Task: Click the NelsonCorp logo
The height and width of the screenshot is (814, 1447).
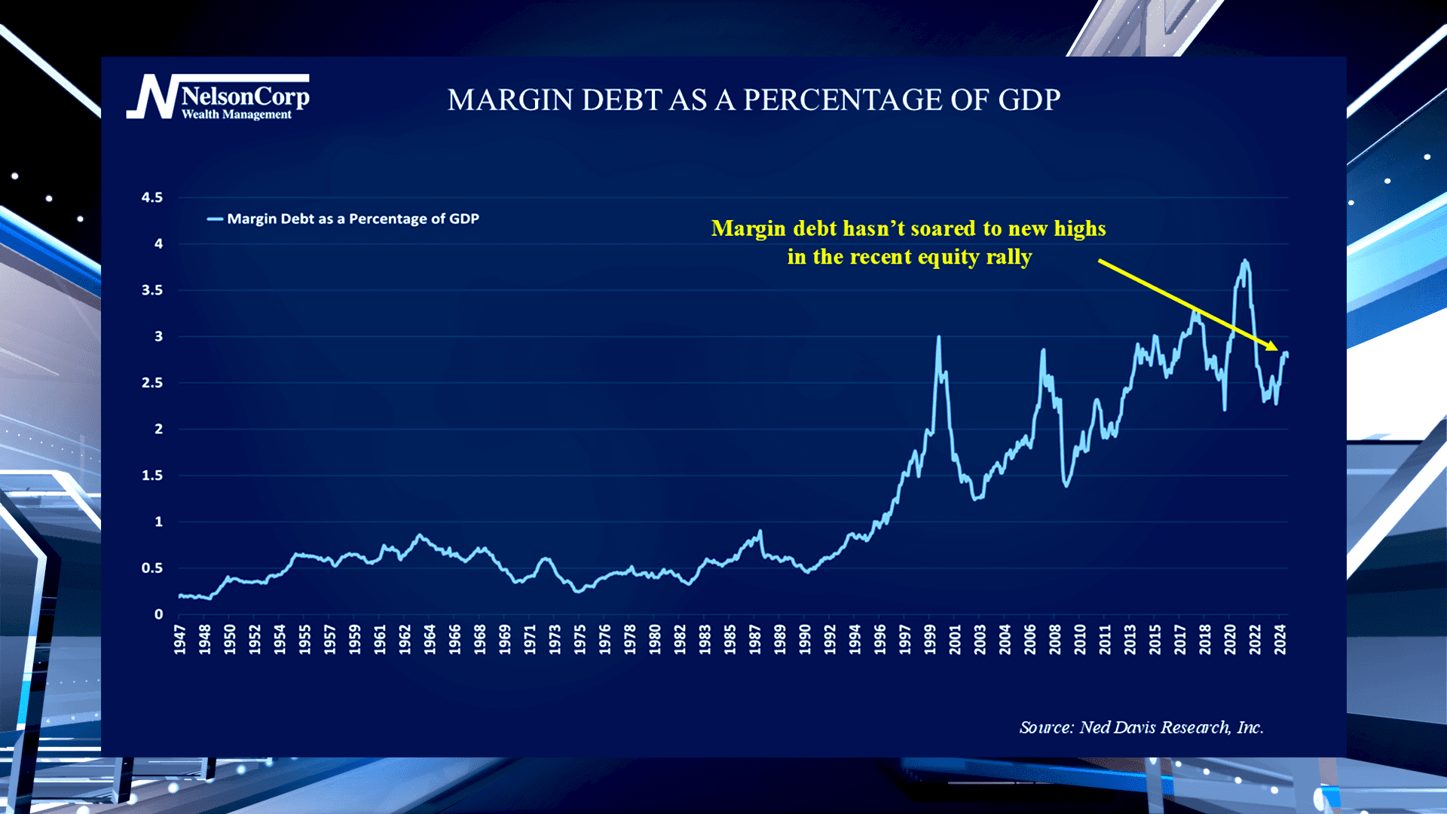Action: pyautogui.click(x=217, y=97)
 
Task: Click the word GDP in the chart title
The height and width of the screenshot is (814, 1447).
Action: pyautogui.click(x=1029, y=100)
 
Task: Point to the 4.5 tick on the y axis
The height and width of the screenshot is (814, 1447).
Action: pyautogui.click(x=152, y=197)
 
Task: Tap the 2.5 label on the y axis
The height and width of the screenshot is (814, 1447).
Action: pyautogui.click(x=152, y=383)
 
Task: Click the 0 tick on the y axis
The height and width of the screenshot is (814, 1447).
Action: pyautogui.click(x=158, y=614)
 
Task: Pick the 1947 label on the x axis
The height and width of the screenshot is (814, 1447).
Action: pyautogui.click(x=180, y=639)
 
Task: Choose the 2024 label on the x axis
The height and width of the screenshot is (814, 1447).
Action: pyautogui.click(x=1280, y=639)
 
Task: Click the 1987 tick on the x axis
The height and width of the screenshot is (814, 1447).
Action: pyautogui.click(x=755, y=639)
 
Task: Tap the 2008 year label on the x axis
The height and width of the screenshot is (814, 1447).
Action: pyautogui.click(x=1055, y=639)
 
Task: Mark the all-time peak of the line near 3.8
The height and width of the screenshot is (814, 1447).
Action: pyautogui.click(x=1244, y=262)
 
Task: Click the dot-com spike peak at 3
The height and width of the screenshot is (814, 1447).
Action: pyautogui.click(x=938, y=338)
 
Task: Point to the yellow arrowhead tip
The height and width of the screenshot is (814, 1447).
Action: pyautogui.click(x=1277, y=350)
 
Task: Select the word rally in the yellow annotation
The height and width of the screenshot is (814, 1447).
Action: pyautogui.click(x=1008, y=257)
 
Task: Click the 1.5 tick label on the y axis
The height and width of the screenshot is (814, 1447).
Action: pyautogui.click(x=152, y=476)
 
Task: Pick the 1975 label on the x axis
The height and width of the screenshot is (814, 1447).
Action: pyautogui.click(x=580, y=639)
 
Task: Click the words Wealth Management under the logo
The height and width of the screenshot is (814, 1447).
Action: pyautogui.click(x=237, y=115)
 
